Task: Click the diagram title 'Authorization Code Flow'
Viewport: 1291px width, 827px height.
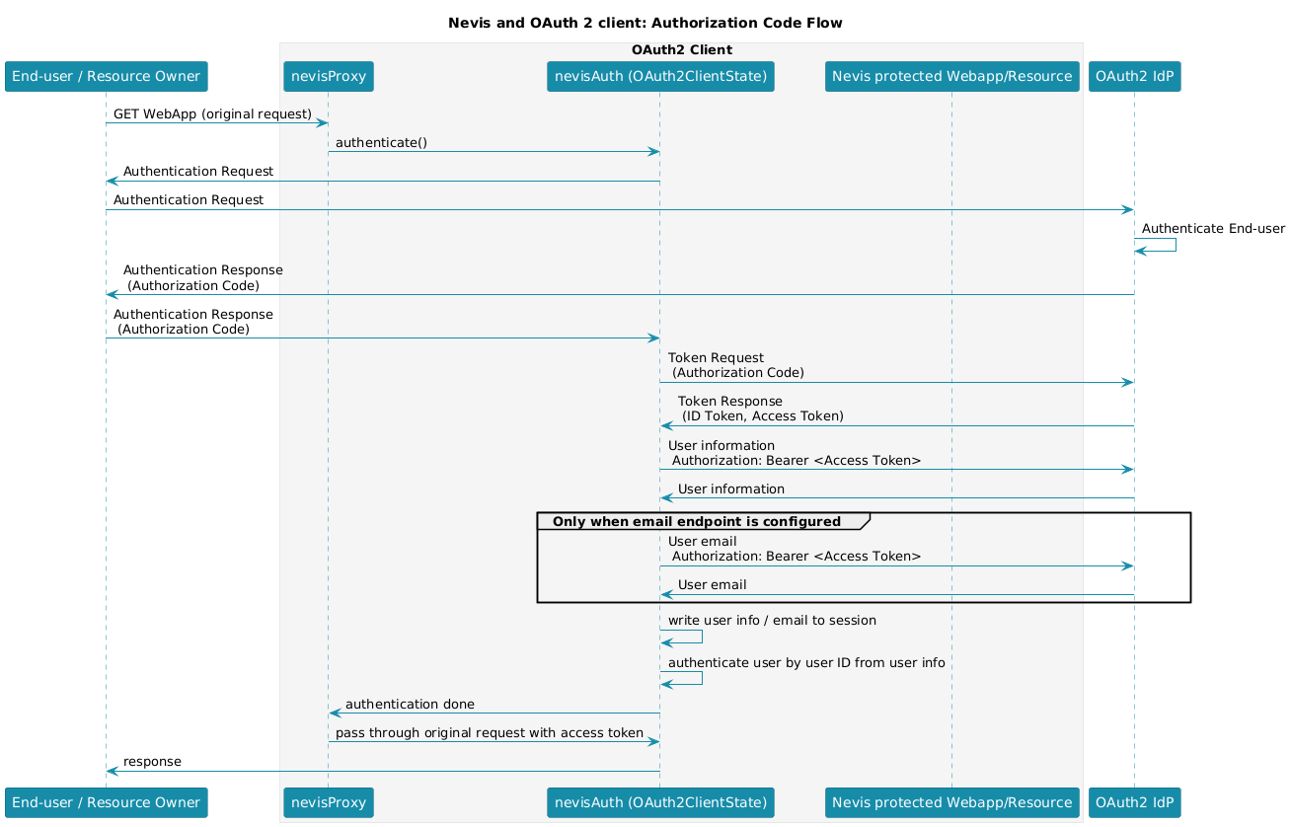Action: [645, 23]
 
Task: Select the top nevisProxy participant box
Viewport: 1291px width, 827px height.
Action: [329, 77]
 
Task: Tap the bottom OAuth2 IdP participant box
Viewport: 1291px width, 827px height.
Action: [1134, 802]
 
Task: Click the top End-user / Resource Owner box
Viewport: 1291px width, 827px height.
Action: [106, 77]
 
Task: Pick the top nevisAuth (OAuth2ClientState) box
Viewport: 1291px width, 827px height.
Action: [660, 77]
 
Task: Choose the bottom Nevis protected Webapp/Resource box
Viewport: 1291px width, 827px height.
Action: [952, 802]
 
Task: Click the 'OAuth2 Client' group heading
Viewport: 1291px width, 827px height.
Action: [682, 50]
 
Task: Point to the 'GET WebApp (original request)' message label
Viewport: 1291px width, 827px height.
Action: [212, 114]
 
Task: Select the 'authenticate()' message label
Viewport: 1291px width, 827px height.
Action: [381, 143]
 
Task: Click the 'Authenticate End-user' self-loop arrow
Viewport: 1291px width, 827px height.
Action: [1176, 245]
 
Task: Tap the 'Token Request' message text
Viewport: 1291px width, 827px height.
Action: [716, 358]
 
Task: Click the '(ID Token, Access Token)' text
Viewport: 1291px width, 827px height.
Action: [763, 416]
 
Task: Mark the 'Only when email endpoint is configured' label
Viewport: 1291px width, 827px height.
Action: [696, 521]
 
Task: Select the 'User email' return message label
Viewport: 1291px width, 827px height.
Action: [712, 585]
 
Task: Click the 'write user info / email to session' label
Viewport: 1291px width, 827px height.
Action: [772, 621]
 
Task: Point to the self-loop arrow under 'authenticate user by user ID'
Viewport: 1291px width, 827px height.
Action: [702, 678]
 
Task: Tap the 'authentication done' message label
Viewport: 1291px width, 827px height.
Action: [410, 705]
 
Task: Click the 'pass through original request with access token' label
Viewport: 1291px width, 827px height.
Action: [490, 733]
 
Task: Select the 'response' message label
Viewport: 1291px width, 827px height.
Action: [152, 762]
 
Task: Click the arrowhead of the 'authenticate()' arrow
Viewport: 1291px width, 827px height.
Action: [653, 152]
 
